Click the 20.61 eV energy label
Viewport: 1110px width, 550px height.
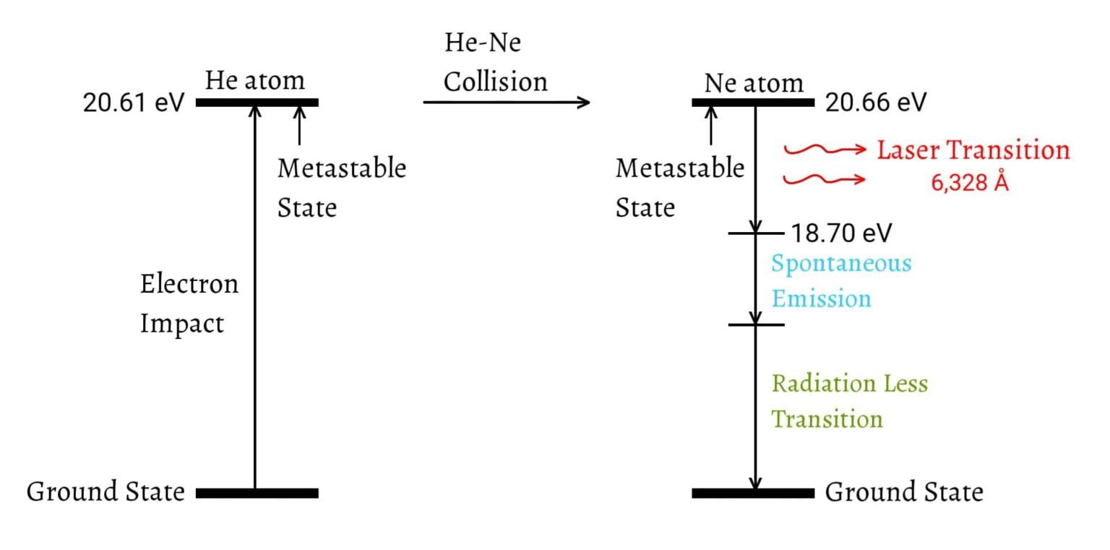134,103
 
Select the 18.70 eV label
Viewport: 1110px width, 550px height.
841,233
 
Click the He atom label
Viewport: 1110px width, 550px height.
254,80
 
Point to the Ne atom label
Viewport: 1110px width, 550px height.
754,83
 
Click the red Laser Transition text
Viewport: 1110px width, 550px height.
973,150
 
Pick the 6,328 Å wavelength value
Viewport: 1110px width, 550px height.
969,183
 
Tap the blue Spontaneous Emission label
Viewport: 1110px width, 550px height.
840,280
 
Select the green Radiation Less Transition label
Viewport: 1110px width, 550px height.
849,401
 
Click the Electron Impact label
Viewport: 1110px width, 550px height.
189,304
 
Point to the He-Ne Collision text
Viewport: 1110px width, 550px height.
495,62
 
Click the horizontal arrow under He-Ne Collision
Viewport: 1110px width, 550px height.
506,103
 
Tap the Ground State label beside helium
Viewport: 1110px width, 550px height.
106,492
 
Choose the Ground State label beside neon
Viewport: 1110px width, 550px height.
904,493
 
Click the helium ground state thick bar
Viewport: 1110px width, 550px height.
257,493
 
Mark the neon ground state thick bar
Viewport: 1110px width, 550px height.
753,493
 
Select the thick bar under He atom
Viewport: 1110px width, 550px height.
257,103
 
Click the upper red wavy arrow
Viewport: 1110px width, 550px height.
825,150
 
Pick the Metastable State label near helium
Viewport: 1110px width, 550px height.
341,188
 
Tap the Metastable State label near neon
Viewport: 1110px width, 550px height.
679,188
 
